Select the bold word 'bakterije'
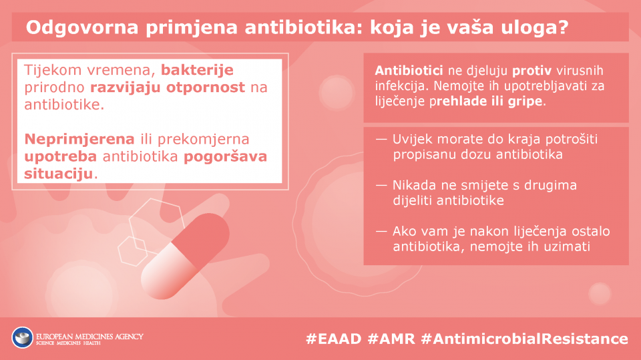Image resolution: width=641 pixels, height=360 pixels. click(197, 70)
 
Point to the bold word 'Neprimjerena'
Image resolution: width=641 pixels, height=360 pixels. click(79, 139)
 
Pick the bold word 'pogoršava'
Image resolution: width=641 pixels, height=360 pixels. click(225, 157)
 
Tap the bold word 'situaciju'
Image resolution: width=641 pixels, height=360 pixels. click(59, 174)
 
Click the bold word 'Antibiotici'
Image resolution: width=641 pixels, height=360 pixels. click(409, 71)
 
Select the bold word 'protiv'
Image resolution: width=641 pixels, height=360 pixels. click(532, 71)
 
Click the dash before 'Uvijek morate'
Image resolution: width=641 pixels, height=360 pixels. click(381, 140)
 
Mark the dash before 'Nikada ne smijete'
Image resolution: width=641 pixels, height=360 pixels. click(381, 185)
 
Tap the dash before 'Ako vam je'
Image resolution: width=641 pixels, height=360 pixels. click(381, 232)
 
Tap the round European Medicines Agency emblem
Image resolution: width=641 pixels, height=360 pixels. click(23, 338)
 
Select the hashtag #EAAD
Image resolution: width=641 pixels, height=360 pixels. click(334, 339)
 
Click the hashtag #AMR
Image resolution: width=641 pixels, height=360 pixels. click(391, 339)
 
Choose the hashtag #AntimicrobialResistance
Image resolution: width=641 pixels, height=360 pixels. click(525, 339)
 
